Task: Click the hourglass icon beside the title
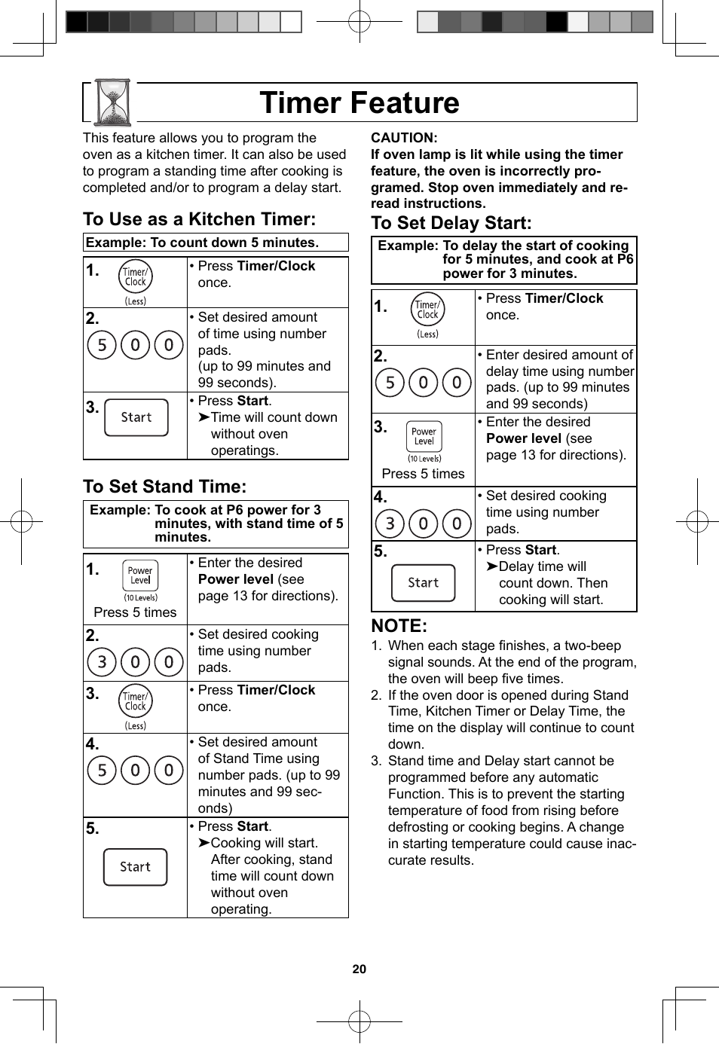coord(114,102)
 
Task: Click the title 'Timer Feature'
coord(359,102)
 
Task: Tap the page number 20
coord(359,969)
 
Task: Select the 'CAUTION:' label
coord(404,138)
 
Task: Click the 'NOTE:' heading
coord(399,626)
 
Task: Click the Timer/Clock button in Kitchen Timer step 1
coord(136,277)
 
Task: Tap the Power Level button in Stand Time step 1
coord(140,576)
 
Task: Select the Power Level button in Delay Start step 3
coord(424,437)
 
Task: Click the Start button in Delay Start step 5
coord(424,583)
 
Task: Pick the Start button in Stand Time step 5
coord(136,867)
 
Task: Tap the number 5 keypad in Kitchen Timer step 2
coord(102,345)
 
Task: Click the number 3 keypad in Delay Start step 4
coord(390,523)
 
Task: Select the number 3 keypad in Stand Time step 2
coord(102,662)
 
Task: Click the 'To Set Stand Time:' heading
coord(165,487)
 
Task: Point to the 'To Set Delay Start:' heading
coord(451,223)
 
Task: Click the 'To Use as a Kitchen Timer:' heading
coord(200,219)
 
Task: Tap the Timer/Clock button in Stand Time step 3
coord(136,701)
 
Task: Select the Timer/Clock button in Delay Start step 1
coord(428,310)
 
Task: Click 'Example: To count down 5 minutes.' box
coord(216,243)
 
